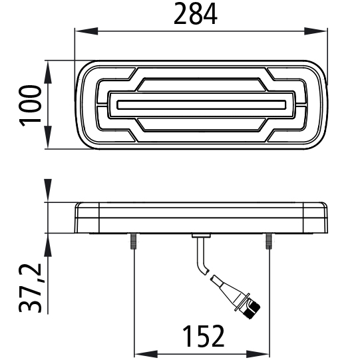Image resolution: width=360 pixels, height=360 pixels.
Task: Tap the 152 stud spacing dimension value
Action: pos(202,337)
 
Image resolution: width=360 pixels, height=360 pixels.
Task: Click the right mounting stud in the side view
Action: pos(269,240)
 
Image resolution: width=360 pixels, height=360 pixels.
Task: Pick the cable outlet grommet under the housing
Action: pos(200,236)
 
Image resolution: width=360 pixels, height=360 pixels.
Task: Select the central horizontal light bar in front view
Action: pos(200,104)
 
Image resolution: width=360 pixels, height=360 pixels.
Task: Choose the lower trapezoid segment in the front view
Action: pos(200,125)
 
